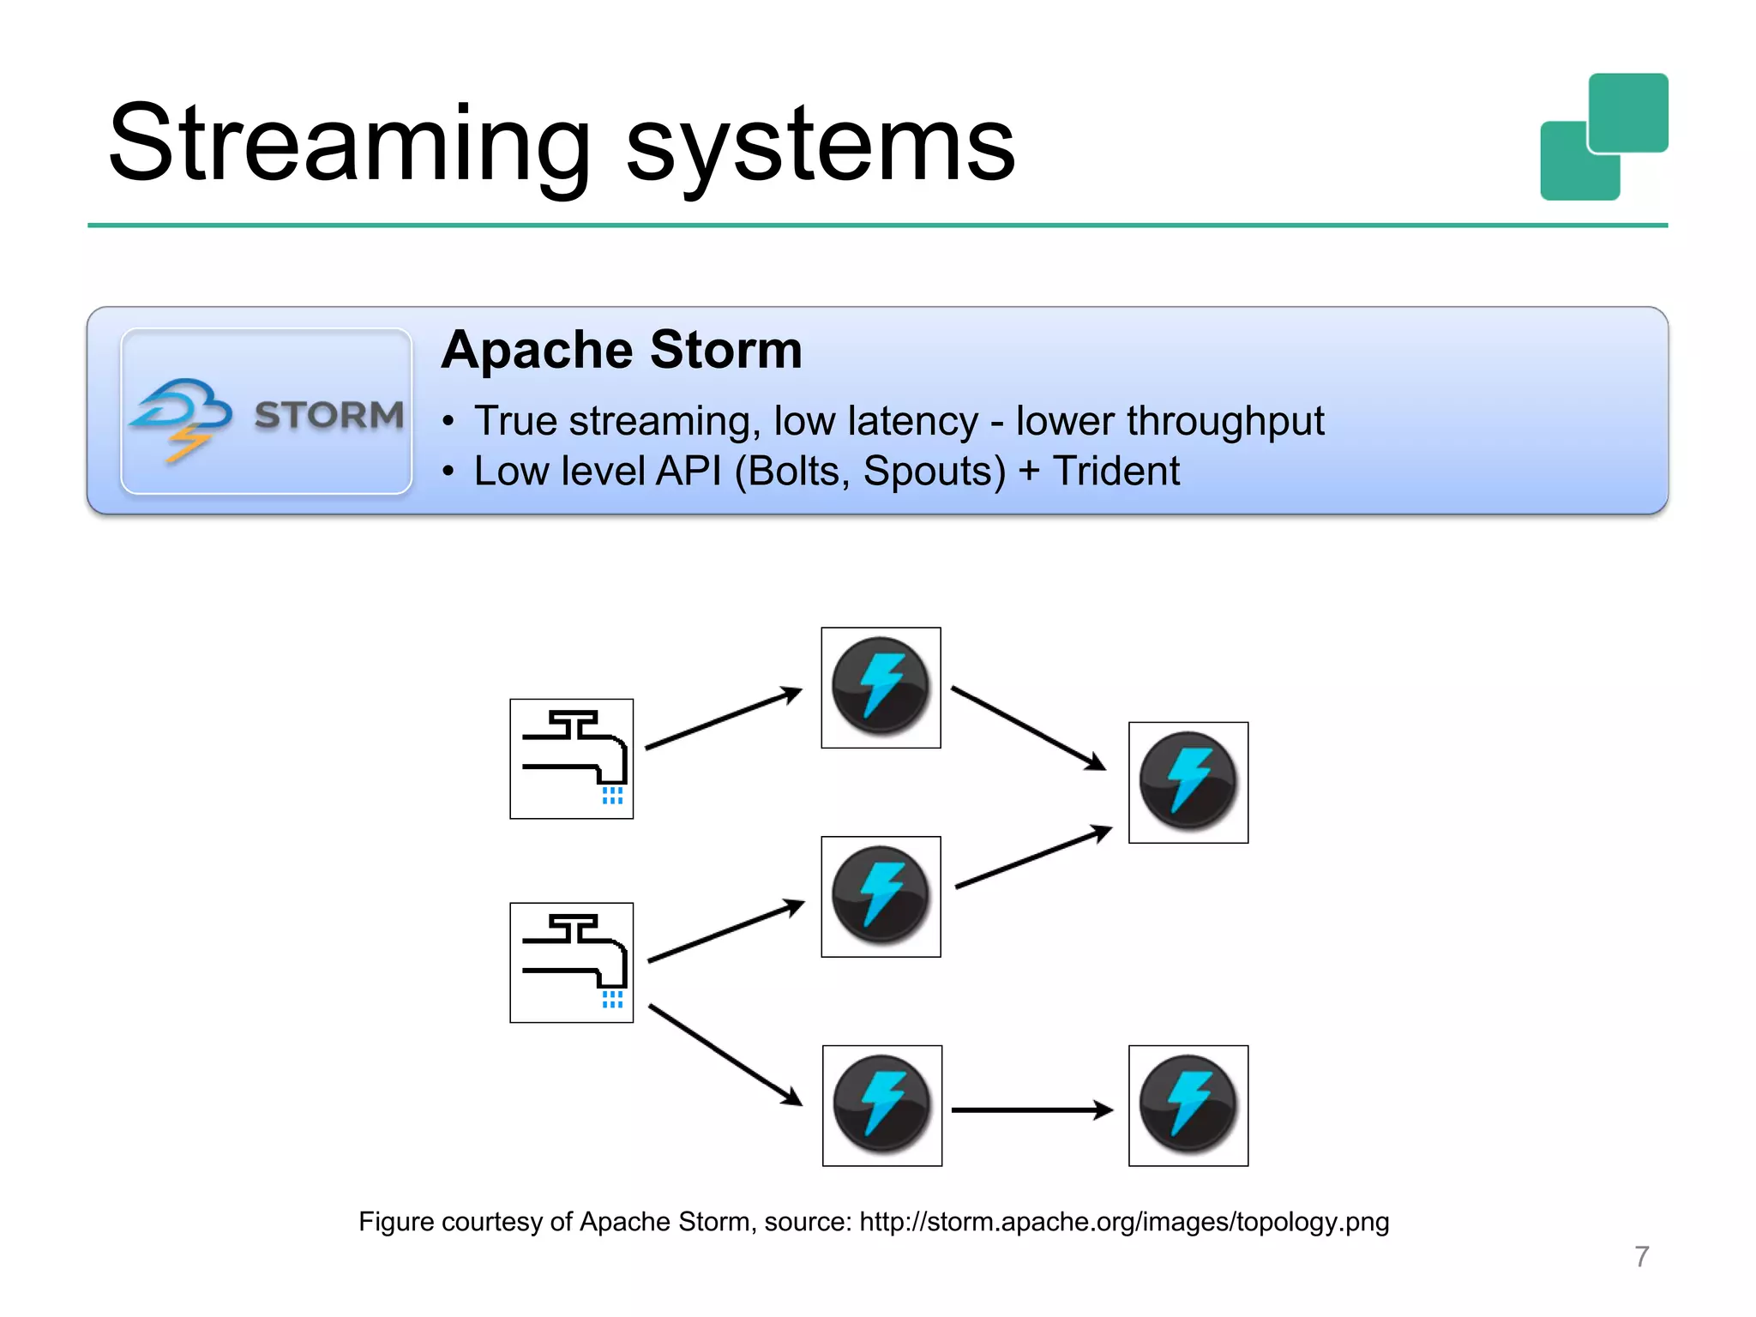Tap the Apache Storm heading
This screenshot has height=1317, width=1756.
622,350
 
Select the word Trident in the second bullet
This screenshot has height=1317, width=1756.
1116,471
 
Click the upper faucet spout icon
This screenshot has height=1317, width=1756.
572,759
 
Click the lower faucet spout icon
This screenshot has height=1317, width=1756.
572,962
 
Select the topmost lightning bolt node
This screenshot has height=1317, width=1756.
881,687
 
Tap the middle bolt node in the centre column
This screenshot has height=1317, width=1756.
881,896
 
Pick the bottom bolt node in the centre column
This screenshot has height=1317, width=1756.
881,1105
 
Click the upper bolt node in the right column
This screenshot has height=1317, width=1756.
1188,782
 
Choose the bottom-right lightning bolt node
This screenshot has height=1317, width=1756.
1188,1105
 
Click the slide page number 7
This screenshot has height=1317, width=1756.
1641,1256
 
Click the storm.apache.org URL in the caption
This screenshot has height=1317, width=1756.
1123,1221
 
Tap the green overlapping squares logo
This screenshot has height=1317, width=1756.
1603,137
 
